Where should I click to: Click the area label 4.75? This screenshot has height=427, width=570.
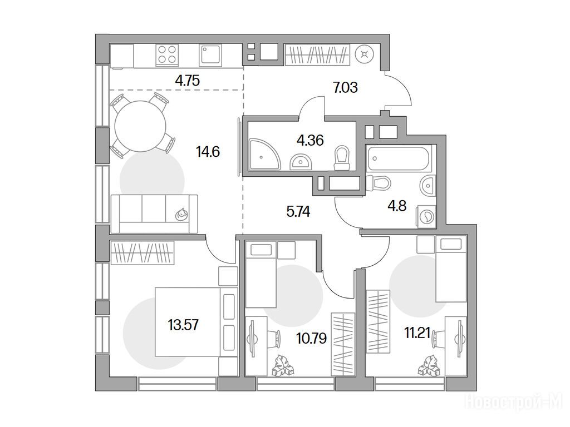coord(187,80)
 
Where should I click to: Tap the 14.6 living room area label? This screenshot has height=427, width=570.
coord(208,151)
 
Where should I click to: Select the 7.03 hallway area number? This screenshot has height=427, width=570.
coord(345,87)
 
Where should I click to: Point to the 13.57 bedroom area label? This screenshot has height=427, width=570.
coord(183,325)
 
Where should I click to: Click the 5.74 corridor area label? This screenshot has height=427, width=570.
coord(298,211)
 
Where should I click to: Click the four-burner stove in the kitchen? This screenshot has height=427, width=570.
coord(167,55)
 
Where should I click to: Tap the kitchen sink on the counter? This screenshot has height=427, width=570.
coord(210,55)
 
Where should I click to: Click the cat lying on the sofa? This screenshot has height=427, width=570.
coord(181,215)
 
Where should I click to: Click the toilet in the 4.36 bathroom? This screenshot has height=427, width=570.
coord(341,158)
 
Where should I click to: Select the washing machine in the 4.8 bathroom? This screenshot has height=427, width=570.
coord(426,217)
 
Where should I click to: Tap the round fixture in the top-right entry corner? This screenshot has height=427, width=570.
coord(365,55)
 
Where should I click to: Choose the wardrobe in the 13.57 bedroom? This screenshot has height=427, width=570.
coord(142,253)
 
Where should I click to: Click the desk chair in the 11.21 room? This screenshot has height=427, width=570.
coord(440,339)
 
